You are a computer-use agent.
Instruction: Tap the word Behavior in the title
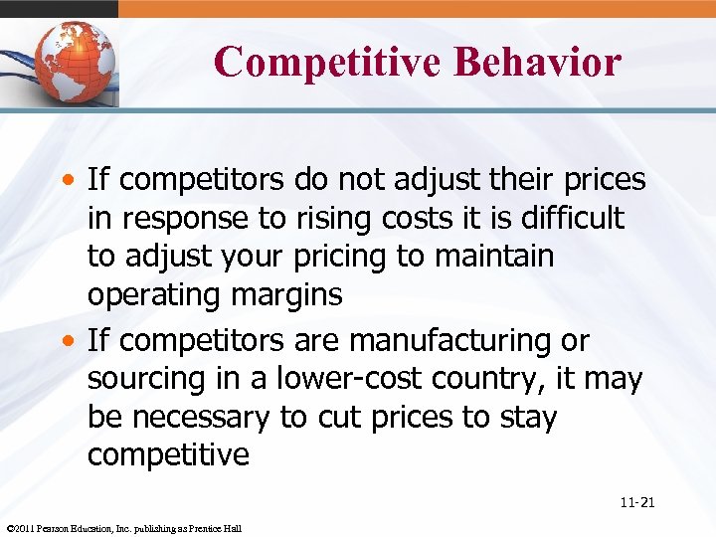click(x=538, y=62)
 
